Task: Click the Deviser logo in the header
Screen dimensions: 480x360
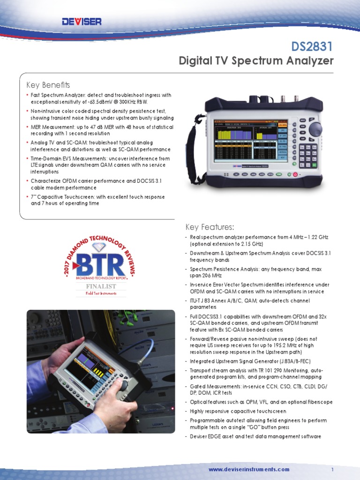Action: pos(82,22)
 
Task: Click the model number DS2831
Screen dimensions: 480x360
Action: pos(312,46)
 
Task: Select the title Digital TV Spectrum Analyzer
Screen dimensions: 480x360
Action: pos(256,61)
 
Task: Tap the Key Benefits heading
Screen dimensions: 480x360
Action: pos(48,85)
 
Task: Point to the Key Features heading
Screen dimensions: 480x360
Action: pos(210,227)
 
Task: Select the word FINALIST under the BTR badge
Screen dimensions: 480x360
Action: pos(101,286)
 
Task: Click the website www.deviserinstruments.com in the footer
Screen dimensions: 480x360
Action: pos(249,469)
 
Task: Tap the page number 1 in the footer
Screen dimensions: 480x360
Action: pos(332,469)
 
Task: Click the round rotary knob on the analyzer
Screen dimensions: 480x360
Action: pos(315,129)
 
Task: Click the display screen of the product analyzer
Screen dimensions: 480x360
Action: pos(250,140)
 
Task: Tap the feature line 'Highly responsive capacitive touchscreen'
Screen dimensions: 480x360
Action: pos(238,411)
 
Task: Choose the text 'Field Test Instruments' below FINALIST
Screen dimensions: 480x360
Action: pos(101,293)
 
